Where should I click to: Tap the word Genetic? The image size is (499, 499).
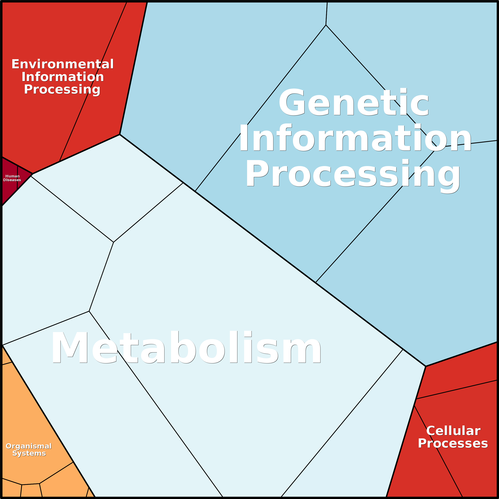pyautogui.click(x=354, y=102)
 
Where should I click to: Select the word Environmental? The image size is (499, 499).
pyautogui.click(x=63, y=64)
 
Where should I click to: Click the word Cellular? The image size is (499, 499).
pyautogui.click(x=453, y=431)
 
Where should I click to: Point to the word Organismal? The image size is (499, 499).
pyautogui.click(x=29, y=446)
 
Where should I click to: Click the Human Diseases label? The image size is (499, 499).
pyautogui.click(x=12, y=178)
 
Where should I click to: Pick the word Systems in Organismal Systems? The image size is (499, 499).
pyautogui.click(x=29, y=453)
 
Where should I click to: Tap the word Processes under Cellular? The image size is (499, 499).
pyautogui.click(x=453, y=443)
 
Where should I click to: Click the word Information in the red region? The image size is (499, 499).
pyautogui.click(x=63, y=77)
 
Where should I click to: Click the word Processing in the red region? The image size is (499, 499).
pyautogui.click(x=62, y=90)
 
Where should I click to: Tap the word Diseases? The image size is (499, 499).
pyautogui.click(x=12, y=180)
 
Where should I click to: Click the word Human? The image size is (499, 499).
pyautogui.click(x=12, y=176)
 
